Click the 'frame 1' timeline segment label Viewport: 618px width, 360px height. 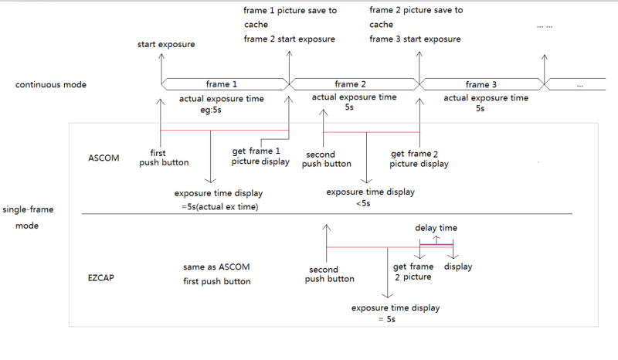[222, 84]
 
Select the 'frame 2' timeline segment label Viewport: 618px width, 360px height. [350, 84]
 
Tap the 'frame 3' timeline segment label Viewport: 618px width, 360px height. [480, 84]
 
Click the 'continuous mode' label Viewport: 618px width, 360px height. [51, 84]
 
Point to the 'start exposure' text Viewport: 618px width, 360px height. [166, 44]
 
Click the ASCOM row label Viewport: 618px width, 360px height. [104, 158]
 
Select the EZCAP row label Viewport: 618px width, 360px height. [101, 277]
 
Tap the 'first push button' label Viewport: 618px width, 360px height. [164, 158]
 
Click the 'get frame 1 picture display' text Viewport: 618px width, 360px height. [260, 156]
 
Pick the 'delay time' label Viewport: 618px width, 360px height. [436, 228]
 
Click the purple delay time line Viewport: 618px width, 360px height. [436, 245]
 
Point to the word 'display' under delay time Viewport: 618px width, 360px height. [458, 267]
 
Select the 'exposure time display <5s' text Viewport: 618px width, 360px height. [371, 197]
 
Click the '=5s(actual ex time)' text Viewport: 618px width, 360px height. [220, 206]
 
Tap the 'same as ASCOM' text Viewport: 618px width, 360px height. [216, 267]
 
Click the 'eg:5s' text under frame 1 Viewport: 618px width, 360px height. [211, 110]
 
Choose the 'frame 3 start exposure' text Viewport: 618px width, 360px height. [415, 39]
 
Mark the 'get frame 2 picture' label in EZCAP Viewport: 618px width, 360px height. [413, 272]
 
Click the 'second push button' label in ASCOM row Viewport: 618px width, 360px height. [326, 159]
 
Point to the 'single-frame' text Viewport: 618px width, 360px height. [28, 209]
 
